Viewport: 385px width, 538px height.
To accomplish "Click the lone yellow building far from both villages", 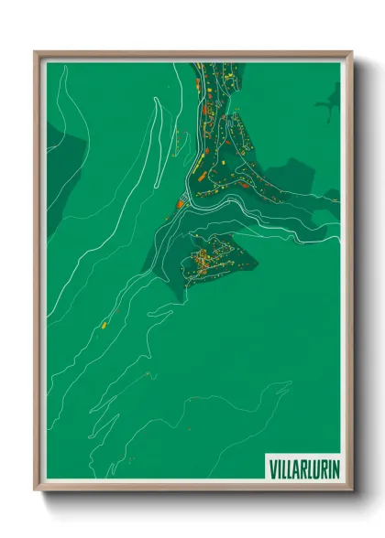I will [104, 324].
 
